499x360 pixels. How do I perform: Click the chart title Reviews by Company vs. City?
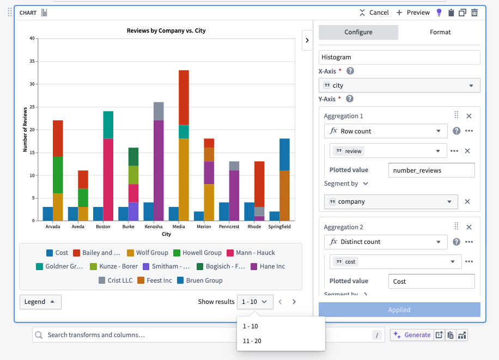coord(166,31)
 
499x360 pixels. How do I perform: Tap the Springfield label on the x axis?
coord(279,227)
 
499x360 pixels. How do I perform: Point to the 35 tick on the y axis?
coord(32,62)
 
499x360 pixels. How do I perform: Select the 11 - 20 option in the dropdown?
coord(252,341)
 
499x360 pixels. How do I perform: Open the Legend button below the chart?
coord(40,302)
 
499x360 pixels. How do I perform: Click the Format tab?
coord(440,32)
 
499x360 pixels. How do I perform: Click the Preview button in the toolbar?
coord(413,13)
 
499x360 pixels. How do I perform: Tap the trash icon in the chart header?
coord(474,13)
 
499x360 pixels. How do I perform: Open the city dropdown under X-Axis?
coord(399,86)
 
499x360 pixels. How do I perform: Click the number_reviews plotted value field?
coord(431,170)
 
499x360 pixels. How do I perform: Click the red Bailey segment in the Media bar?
coord(184,97)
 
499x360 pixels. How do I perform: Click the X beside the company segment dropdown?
coord(467,202)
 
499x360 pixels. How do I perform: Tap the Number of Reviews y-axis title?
coord(25,130)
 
